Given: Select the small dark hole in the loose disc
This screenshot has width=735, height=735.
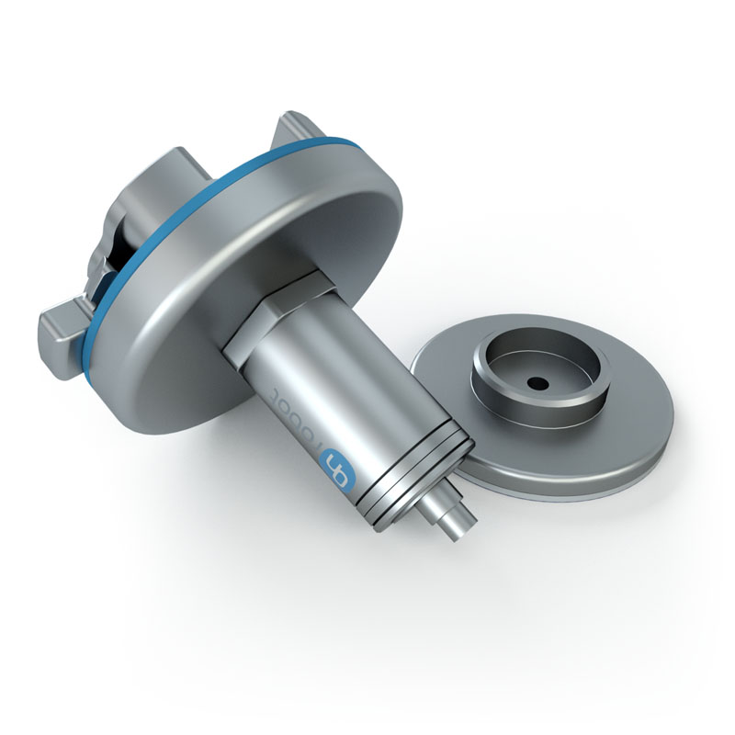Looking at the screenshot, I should click(x=537, y=380).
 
